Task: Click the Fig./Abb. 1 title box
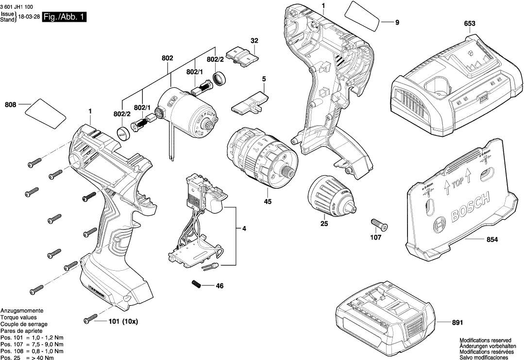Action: click(x=65, y=17)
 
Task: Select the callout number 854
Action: click(x=492, y=239)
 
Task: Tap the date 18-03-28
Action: click(x=29, y=16)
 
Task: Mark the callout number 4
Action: click(x=244, y=229)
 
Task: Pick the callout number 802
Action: click(x=167, y=58)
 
